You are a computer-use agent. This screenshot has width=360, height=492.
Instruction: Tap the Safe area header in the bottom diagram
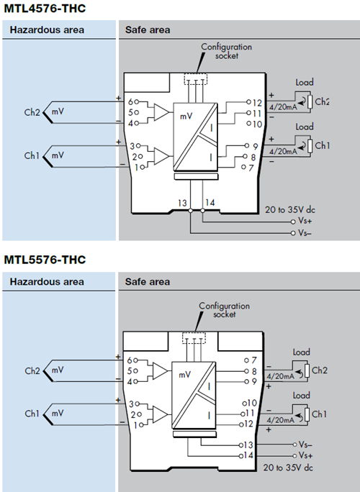[148, 281]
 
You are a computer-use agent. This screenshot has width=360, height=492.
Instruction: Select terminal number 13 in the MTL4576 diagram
[184, 203]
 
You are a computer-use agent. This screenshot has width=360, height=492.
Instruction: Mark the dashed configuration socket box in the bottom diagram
[195, 337]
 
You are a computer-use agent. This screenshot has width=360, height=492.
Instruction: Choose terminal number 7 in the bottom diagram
[252, 360]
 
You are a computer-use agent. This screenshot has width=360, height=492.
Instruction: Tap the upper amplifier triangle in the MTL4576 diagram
[161, 111]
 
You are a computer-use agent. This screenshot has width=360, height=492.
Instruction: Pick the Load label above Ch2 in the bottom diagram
[302, 352]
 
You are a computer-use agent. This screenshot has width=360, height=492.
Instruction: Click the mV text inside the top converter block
[186, 116]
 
